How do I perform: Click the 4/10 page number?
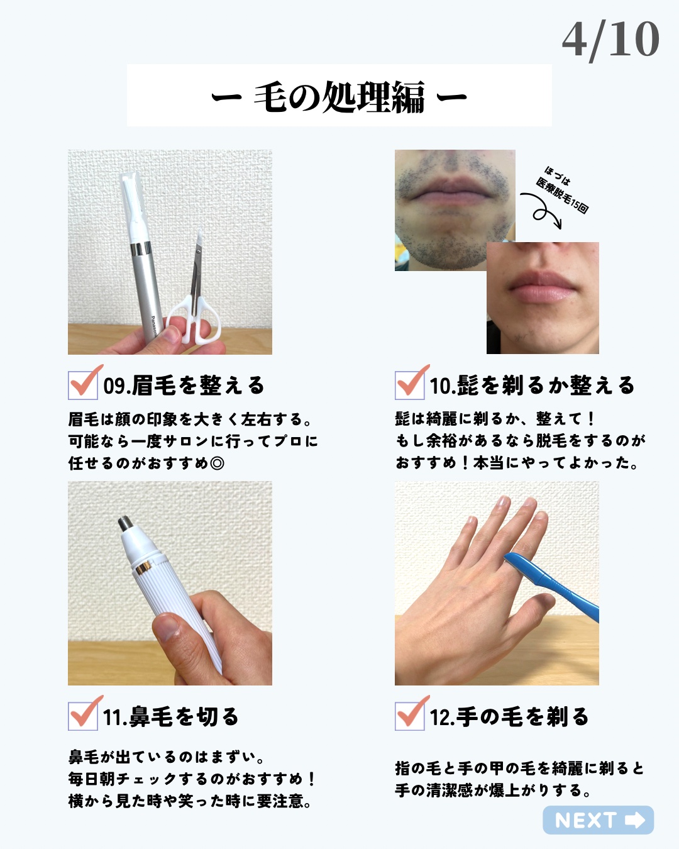[x=610, y=40]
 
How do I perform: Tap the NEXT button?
[x=598, y=820]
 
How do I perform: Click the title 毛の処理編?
[x=339, y=97]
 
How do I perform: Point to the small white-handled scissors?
[x=193, y=288]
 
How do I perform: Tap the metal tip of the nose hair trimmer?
[x=126, y=523]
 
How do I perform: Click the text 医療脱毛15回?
[x=562, y=196]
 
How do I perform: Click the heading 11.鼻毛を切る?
[x=170, y=717]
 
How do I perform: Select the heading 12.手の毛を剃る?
[x=509, y=717]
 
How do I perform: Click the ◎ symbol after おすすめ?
[x=217, y=463]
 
